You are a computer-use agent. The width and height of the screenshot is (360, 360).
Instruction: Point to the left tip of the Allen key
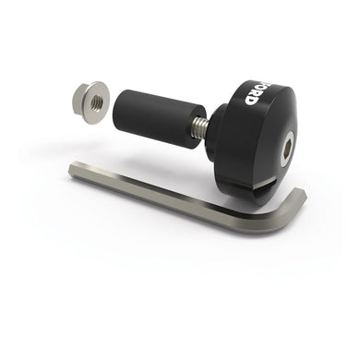click(x=74, y=169)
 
